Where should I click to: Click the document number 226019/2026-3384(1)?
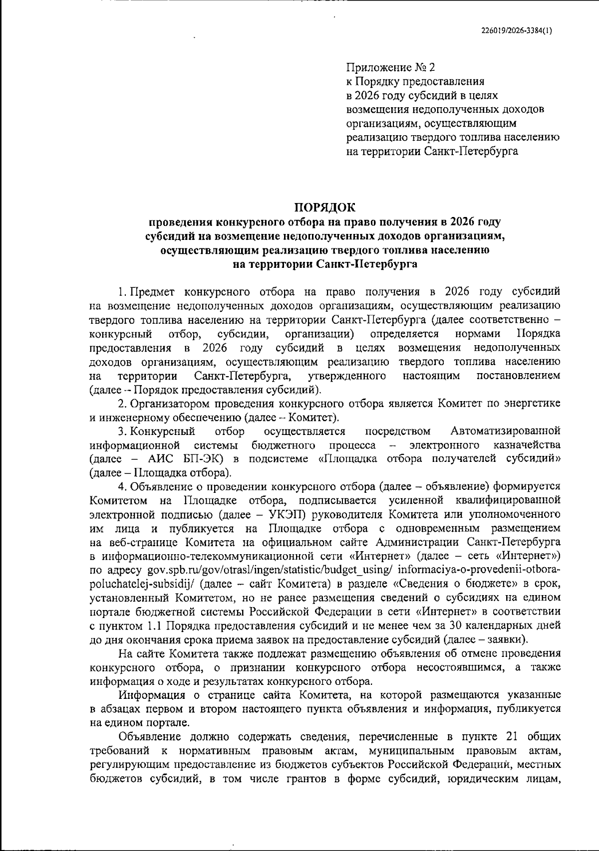point(517,29)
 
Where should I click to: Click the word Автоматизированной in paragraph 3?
point(505,430)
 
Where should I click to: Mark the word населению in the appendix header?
point(536,137)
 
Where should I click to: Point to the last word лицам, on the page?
point(544,779)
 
